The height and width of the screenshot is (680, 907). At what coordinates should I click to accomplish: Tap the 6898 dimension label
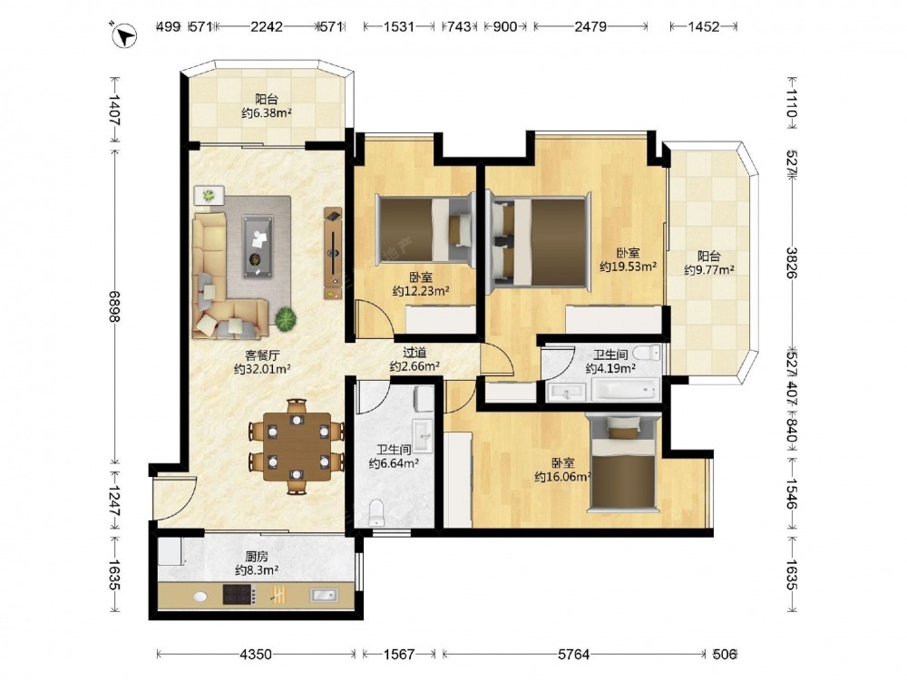[x=114, y=306]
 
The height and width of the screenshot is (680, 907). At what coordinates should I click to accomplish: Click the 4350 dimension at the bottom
[x=255, y=654]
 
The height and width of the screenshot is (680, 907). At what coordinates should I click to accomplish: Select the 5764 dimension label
[x=573, y=654]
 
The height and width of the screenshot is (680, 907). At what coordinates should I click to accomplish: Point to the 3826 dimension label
[x=791, y=263]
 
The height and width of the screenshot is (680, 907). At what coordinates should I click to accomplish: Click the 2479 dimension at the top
[x=590, y=26]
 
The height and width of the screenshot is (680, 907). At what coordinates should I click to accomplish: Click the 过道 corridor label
[x=414, y=352]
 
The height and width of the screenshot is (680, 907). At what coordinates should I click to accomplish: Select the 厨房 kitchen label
[x=257, y=557]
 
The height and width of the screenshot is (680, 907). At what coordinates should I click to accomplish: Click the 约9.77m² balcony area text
[x=709, y=269]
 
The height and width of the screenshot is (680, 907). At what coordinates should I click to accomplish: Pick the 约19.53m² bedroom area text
[x=628, y=267]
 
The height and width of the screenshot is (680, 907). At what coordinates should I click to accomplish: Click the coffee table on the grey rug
[x=258, y=246]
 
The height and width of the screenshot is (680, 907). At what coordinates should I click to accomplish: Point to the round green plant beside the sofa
[x=285, y=318]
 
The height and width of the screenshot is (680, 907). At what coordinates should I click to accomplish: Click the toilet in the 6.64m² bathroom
[x=376, y=512]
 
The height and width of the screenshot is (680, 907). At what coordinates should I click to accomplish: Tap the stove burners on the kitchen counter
[x=239, y=595]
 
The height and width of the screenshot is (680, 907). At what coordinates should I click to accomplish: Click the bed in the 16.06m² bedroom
[x=622, y=463]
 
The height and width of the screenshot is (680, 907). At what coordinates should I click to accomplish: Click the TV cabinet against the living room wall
[x=333, y=253]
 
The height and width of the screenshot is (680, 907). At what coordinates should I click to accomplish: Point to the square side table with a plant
[x=209, y=195]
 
